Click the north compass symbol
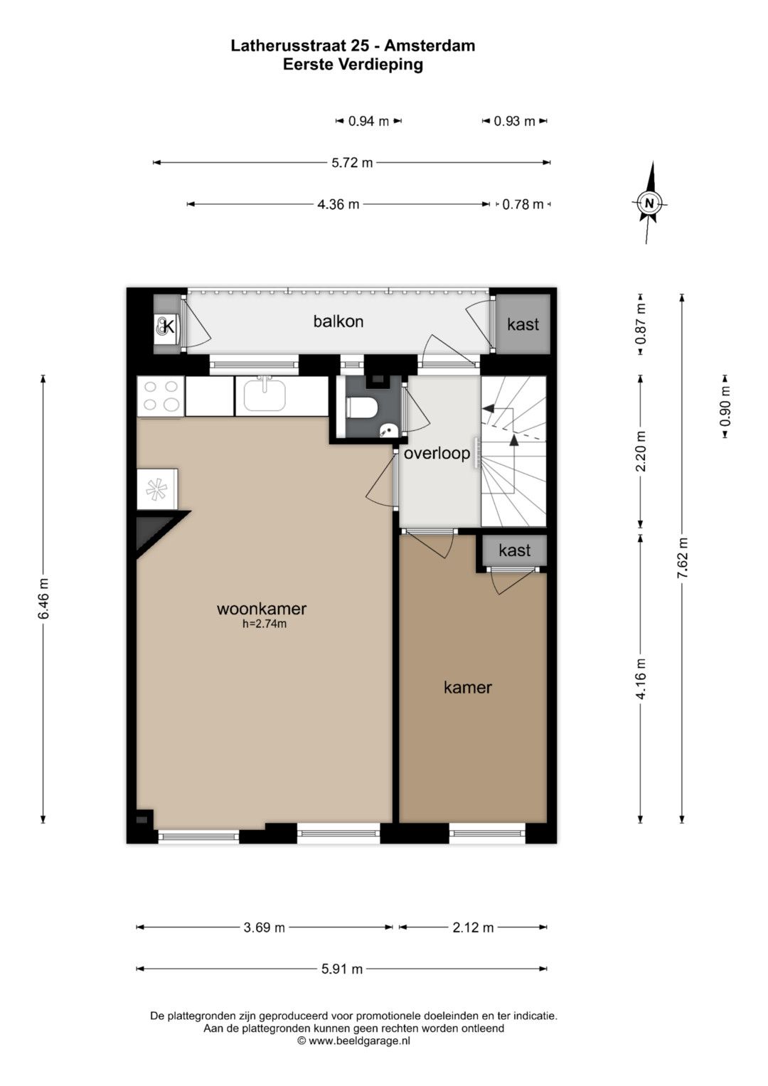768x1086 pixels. (x=649, y=203)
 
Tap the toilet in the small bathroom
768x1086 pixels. (x=362, y=406)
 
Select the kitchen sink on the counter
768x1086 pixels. (x=265, y=395)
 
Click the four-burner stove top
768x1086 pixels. (x=161, y=396)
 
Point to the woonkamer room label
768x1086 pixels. (x=262, y=609)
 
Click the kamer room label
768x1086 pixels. (x=468, y=687)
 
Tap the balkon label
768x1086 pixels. (x=338, y=321)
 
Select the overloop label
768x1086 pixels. (x=437, y=453)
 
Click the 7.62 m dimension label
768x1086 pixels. (x=683, y=558)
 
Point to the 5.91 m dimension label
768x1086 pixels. (x=342, y=969)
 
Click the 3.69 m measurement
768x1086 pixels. (x=265, y=927)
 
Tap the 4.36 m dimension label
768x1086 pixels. (x=338, y=204)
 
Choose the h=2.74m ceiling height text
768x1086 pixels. (x=265, y=624)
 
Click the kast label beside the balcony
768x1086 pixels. (x=523, y=324)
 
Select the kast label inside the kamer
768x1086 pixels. (x=515, y=550)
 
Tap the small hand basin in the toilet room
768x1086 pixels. (x=388, y=429)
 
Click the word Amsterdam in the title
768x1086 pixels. (x=430, y=46)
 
